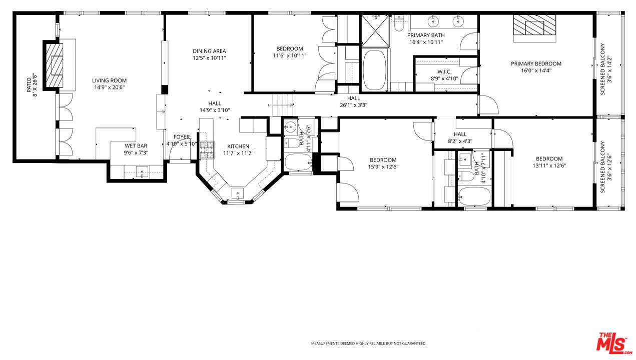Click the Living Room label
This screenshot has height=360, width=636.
[109, 80]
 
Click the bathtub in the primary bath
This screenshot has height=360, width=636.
[374, 70]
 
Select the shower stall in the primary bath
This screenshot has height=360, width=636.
[375, 31]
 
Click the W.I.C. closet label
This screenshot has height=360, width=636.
[444, 71]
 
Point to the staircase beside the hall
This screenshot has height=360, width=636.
[283, 105]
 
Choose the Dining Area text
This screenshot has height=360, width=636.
[209, 51]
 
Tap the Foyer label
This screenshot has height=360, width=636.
[181, 137]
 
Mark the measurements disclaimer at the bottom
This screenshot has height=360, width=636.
[368, 343]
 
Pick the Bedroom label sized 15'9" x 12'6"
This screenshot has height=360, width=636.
[383, 160]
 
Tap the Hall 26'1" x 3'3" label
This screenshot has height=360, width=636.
[353, 98]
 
